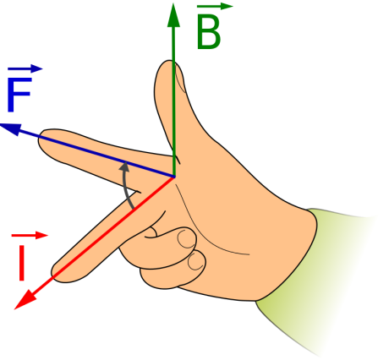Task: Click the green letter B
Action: [208, 32]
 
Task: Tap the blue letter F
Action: [19, 95]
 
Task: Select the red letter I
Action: [22, 263]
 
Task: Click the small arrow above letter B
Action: [215, 6]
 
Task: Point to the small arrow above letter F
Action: [25, 68]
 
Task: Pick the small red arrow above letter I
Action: [30, 235]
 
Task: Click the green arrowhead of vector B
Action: [173, 15]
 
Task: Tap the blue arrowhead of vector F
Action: [11, 129]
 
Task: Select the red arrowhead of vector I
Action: [25, 300]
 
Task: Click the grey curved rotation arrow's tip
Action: [124, 163]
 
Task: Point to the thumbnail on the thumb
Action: [180, 78]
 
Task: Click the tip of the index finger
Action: [40, 140]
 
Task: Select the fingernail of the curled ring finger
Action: [186, 238]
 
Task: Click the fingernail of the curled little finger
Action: [197, 261]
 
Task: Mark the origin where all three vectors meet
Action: [174, 177]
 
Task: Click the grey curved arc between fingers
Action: [125, 186]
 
